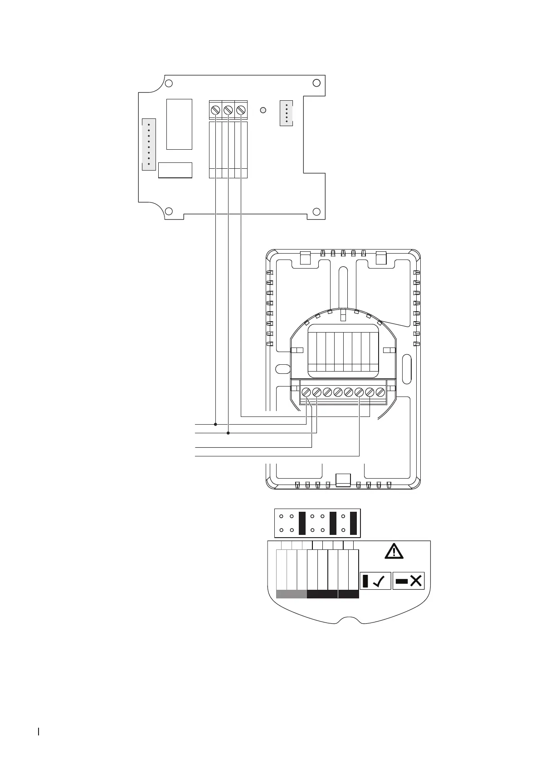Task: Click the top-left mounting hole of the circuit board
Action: tap(169, 83)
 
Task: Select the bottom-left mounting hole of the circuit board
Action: tap(169, 211)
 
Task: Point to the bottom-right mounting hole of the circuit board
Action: tap(317, 211)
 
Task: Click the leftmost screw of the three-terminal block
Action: tap(216, 110)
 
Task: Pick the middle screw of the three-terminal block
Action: tap(229, 110)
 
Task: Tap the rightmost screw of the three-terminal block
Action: tap(241, 110)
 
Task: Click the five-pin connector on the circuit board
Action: tap(287, 113)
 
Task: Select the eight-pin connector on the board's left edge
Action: tap(149, 145)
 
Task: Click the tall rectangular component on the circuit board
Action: tap(179, 124)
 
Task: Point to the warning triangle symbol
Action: tap(394, 551)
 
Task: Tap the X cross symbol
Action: tap(416, 581)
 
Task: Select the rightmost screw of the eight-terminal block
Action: tap(380, 392)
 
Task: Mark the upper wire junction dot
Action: tap(215, 425)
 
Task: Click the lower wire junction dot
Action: tap(228, 433)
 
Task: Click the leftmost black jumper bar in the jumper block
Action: tap(302, 523)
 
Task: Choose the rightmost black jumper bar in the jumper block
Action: tap(354, 523)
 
